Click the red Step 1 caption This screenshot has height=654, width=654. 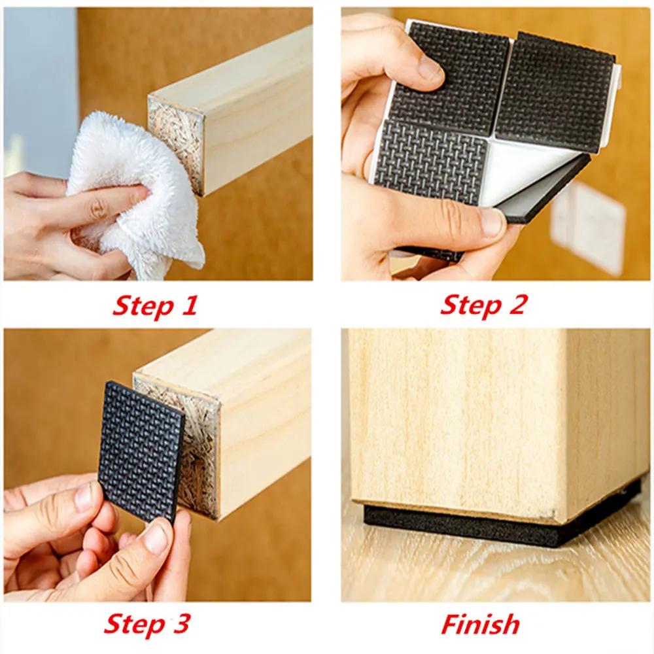(x=154, y=305)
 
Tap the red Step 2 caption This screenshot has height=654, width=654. (x=483, y=305)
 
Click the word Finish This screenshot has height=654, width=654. (x=480, y=624)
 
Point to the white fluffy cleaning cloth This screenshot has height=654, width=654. (x=131, y=196)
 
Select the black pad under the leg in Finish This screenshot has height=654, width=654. (x=497, y=523)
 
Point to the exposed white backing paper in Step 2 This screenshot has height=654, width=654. (x=523, y=170)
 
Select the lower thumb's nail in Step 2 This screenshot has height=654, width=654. (x=491, y=222)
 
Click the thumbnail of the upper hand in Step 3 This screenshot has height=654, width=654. (x=83, y=497)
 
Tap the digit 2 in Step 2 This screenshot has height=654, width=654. (x=516, y=305)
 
